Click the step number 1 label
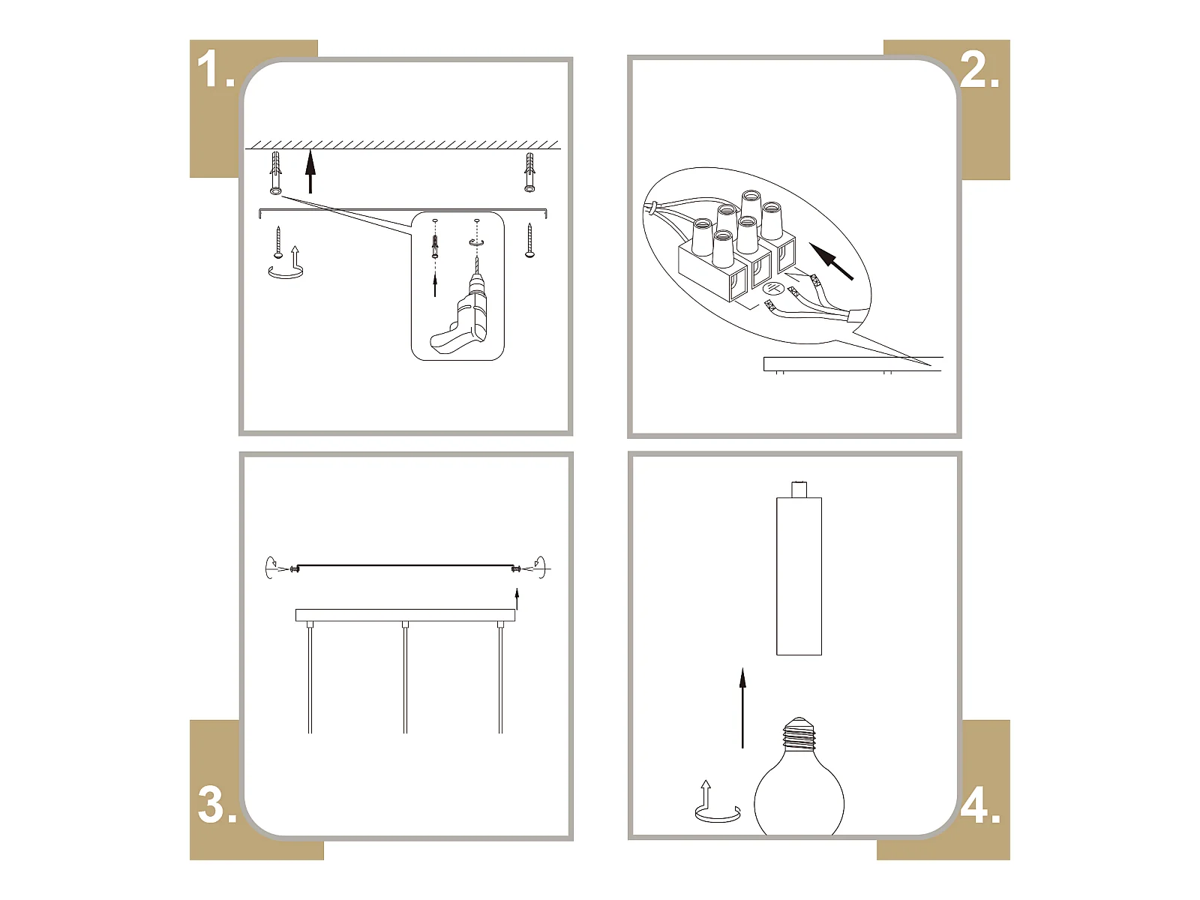pyautogui.click(x=215, y=70)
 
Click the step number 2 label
pyautogui.click(x=979, y=70)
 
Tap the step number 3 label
pyautogui.click(x=217, y=805)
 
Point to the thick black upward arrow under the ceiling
pyautogui.click(x=310, y=172)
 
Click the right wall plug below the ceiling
pyautogui.click(x=529, y=172)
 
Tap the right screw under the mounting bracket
pyautogui.click(x=529, y=241)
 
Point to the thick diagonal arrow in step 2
pyautogui.click(x=830, y=261)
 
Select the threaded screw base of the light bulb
pyautogui.click(x=799, y=734)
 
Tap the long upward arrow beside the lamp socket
pyautogui.click(x=742, y=708)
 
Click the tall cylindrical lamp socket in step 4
pyautogui.click(x=799, y=568)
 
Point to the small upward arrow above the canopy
pyautogui.click(x=517, y=598)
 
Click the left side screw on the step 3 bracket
pyautogui.click(x=295, y=568)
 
